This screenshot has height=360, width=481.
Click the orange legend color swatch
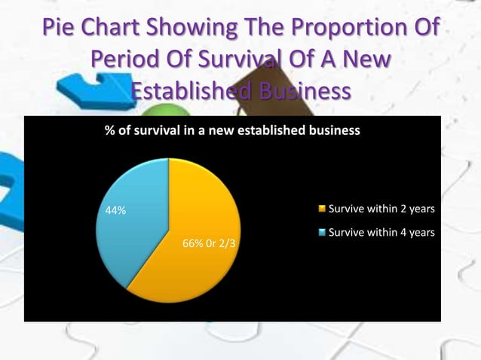323,209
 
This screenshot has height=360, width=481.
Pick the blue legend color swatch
323,233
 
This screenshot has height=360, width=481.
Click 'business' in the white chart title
334,130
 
